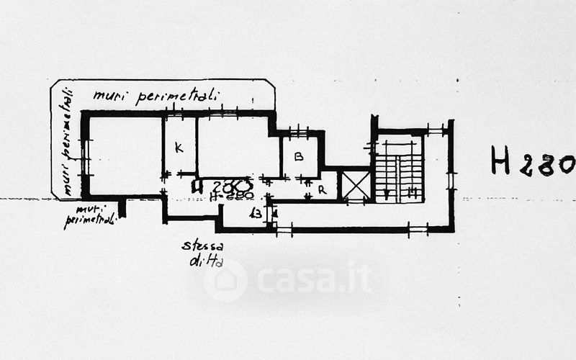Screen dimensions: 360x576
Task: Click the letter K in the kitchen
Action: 179,148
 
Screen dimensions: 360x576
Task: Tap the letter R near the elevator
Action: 322,191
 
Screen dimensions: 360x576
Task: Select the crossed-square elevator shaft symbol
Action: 355,185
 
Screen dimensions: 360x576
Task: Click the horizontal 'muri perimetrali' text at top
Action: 156,96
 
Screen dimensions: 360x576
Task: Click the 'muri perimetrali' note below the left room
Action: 89,216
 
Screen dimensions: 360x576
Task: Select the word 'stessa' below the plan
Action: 202,247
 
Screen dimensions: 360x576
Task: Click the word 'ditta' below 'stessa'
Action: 206,261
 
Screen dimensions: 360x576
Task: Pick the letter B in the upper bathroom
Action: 299,156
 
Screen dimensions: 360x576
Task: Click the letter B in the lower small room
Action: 256,214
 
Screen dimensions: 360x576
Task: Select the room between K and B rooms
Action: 238,148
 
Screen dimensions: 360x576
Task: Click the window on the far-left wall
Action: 85,157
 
